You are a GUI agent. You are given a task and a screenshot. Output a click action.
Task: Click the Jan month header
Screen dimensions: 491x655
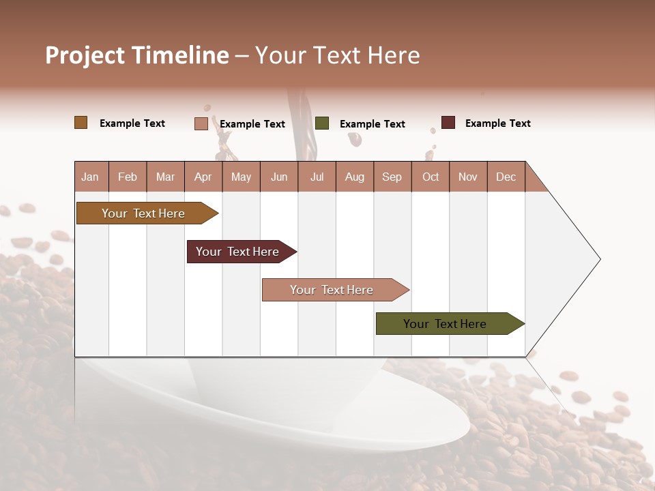pos(90,177)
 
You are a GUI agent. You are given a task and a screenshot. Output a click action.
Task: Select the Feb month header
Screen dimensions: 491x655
pos(128,177)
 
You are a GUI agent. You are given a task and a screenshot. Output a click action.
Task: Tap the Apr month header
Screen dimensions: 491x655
pos(203,177)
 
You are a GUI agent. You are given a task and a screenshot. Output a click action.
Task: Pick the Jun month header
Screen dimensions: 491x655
pos(278,177)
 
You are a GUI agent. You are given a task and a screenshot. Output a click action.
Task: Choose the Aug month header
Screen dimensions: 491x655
pos(354,177)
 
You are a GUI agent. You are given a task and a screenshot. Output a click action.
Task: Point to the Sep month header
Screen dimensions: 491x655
pos(392,177)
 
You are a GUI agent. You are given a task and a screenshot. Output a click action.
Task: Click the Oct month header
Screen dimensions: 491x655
pos(430,177)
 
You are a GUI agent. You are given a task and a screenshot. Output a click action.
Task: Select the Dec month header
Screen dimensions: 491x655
pos(506,177)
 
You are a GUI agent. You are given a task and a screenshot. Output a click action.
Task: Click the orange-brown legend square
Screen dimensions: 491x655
pos(81,123)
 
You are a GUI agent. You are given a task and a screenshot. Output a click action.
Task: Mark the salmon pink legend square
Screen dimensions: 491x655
pos(201,123)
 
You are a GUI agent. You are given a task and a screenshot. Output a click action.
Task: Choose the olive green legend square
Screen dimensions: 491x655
pos(322,123)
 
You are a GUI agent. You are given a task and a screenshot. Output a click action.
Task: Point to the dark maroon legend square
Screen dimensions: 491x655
pos(448,123)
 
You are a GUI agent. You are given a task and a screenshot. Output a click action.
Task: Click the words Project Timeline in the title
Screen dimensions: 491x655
pos(137,55)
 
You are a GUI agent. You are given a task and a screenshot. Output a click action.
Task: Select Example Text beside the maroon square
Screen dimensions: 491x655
pos(497,123)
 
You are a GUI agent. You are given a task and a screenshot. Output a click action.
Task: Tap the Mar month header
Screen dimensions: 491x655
pos(165,177)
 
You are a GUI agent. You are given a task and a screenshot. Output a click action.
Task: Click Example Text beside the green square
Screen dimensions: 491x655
pos(372,124)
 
